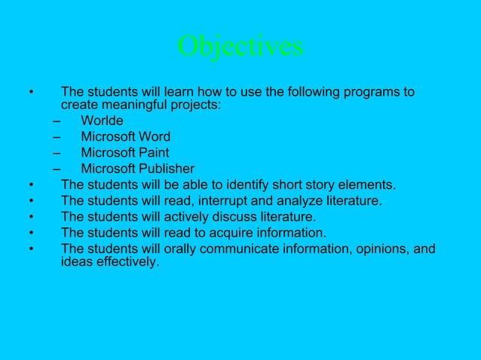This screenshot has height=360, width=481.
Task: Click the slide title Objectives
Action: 240,47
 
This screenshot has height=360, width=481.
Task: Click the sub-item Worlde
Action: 102,121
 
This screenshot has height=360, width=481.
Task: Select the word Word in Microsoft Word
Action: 153,137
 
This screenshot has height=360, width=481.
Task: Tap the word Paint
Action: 152,153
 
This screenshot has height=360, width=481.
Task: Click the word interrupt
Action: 231,200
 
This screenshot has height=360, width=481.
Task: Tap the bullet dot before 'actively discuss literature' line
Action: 32,217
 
